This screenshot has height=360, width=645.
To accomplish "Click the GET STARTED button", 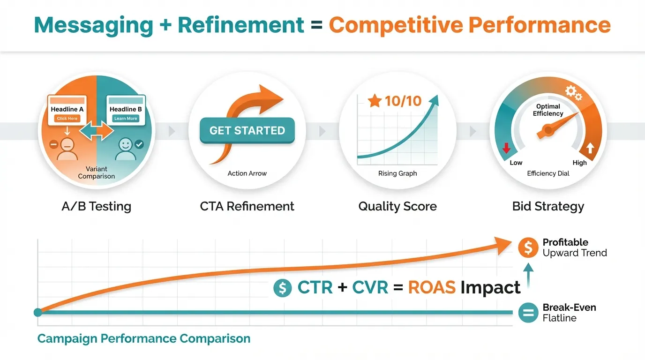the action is [247, 130].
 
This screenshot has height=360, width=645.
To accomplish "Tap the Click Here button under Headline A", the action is [67, 119].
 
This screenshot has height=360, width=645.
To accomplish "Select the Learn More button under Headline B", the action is [126, 119].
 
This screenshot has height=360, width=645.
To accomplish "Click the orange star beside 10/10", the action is [375, 101].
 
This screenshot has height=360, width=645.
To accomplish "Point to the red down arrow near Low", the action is [506, 148].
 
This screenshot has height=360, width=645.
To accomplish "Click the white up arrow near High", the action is [590, 148].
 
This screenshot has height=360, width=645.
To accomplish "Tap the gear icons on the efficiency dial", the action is [573, 93].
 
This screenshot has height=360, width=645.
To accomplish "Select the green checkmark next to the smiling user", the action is [139, 144].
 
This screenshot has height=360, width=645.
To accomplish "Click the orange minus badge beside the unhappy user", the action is [53, 144].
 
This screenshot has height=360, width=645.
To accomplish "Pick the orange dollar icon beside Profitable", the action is [528, 247].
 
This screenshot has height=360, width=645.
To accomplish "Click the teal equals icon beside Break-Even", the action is [528, 313].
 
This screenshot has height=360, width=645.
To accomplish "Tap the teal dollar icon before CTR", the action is [283, 288].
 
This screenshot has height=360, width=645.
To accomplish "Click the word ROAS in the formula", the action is [432, 287].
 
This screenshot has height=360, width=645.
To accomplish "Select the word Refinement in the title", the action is [241, 25].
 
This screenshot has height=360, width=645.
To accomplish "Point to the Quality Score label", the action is [397, 207].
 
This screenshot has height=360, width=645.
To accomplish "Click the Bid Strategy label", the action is [548, 207].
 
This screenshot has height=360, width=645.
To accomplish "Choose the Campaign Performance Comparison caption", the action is [144, 339].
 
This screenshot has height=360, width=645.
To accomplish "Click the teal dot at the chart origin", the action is [37, 313].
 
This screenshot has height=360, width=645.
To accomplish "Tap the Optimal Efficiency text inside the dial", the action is [548, 110].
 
